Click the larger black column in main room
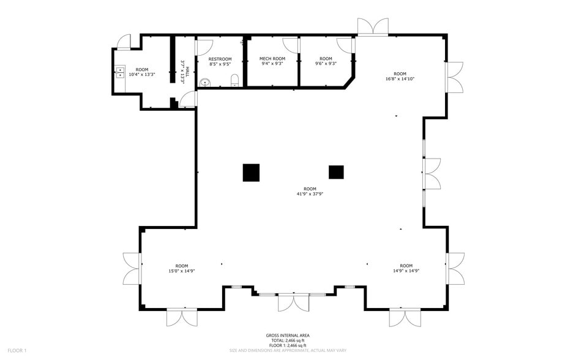pyautogui.click(x=251, y=173)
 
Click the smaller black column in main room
pyautogui.click(x=336, y=173)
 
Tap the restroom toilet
pyautogui.click(x=234, y=81)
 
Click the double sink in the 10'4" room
pyautogui.click(x=121, y=72)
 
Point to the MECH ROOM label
pyautogui.click(x=272, y=58)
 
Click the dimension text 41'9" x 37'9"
pyautogui.click(x=310, y=194)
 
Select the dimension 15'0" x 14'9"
pyautogui.click(x=182, y=271)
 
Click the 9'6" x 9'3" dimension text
pyautogui.click(x=326, y=63)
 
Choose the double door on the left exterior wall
pyautogui.click(x=132, y=269)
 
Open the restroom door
pyautogui.click(x=204, y=47)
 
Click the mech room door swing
pyautogui.click(x=290, y=45)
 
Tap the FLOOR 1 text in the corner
pyautogui.click(x=17, y=350)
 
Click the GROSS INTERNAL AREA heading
pyautogui.click(x=288, y=336)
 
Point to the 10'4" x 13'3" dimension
pyautogui.click(x=142, y=74)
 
